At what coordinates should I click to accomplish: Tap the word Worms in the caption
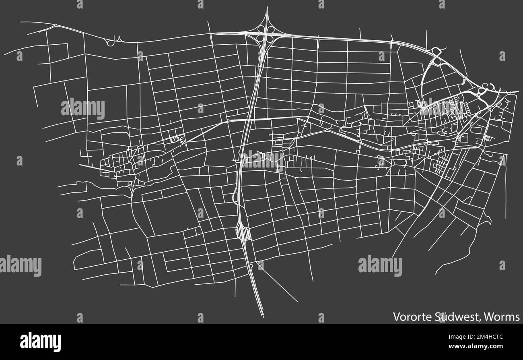502,317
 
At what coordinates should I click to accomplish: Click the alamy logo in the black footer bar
40,341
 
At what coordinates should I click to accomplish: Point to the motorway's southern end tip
263,317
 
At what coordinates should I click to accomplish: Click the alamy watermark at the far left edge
20,266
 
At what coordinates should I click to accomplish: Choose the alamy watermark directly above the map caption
380,266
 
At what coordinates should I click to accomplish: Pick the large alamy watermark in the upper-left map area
83,109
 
